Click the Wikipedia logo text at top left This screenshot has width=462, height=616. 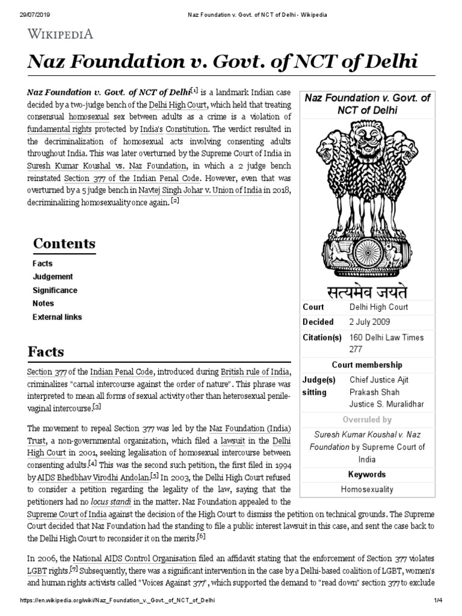59,34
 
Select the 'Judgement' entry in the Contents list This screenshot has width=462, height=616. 52,277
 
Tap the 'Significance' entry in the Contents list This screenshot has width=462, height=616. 55,290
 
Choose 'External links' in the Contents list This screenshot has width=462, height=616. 57,317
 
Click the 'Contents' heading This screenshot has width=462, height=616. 64,244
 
